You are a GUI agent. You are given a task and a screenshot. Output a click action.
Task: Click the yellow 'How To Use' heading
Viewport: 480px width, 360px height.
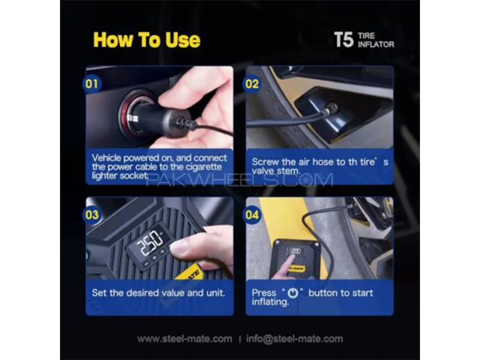click(x=146, y=40)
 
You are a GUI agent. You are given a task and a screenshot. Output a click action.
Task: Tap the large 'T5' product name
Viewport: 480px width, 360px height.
click(x=344, y=40)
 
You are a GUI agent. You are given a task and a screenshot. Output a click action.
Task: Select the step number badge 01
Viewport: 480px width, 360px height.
click(x=92, y=83)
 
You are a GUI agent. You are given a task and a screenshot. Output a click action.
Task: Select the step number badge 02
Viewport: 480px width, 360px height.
click(x=251, y=83)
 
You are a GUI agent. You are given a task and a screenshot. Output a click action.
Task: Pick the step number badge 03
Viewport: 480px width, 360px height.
click(x=92, y=215)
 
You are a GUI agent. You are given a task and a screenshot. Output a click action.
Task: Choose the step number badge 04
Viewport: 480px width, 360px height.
click(x=251, y=215)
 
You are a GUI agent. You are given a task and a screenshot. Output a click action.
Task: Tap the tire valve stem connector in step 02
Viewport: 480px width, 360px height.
click(x=331, y=109)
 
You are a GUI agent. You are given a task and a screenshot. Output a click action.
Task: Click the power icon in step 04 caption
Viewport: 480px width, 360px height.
click(x=293, y=293)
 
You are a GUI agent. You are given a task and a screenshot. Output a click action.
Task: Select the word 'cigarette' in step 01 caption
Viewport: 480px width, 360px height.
click(x=205, y=167)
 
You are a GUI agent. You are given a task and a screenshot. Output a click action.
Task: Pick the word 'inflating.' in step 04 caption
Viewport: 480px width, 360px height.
click(x=271, y=302)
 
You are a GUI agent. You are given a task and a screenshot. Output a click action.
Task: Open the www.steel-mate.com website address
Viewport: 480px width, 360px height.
click(x=185, y=339)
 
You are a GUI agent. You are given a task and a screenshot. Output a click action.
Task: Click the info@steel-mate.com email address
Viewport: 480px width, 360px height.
click(x=295, y=339)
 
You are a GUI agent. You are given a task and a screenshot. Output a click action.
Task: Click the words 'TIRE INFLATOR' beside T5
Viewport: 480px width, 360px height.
click(x=376, y=40)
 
